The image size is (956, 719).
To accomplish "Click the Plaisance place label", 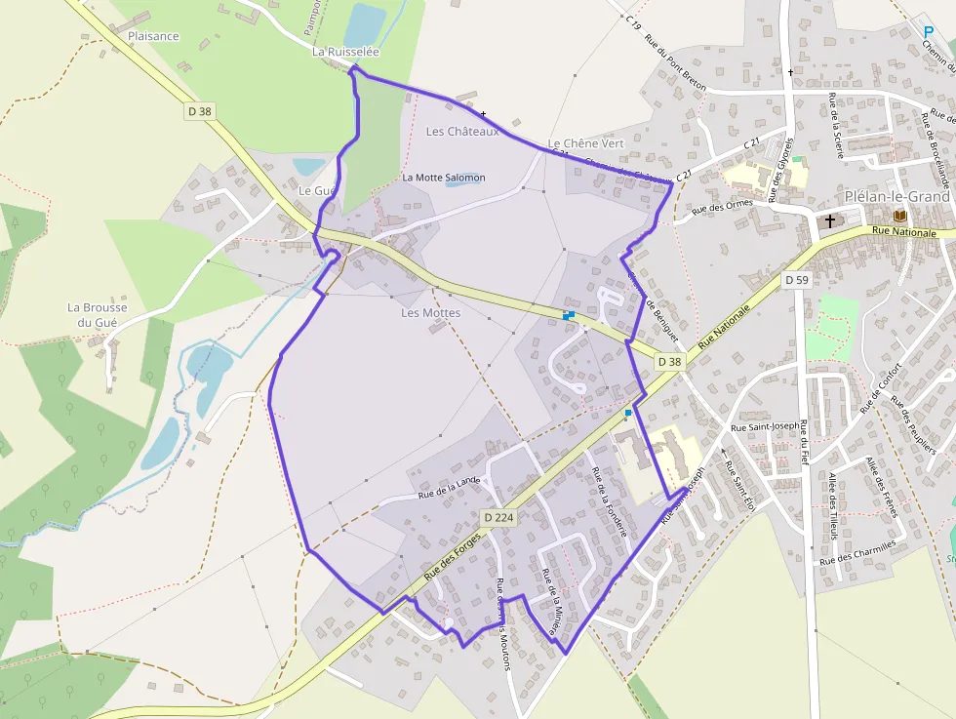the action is pyautogui.click(x=153, y=36).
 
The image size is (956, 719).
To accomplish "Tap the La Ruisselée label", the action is pyautogui.click(x=345, y=51).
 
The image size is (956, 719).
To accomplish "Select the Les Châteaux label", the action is pyautogui.click(x=462, y=132).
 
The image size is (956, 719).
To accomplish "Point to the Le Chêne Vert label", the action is pyautogui.click(x=585, y=143).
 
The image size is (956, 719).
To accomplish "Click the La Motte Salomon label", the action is pyautogui.click(x=444, y=178).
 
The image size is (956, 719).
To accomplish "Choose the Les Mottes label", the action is pyautogui.click(x=430, y=313).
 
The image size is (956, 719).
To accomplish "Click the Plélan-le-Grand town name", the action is pyautogui.click(x=897, y=196).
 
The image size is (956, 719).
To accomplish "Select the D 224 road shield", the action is pyautogui.click(x=498, y=517).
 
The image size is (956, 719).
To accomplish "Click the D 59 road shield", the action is pyautogui.click(x=797, y=280).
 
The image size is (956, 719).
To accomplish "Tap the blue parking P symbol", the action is pyautogui.click(x=928, y=32).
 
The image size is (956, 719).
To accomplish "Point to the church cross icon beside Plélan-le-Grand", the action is pyautogui.click(x=830, y=220).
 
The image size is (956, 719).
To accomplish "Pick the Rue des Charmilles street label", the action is pyautogui.click(x=857, y=553).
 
